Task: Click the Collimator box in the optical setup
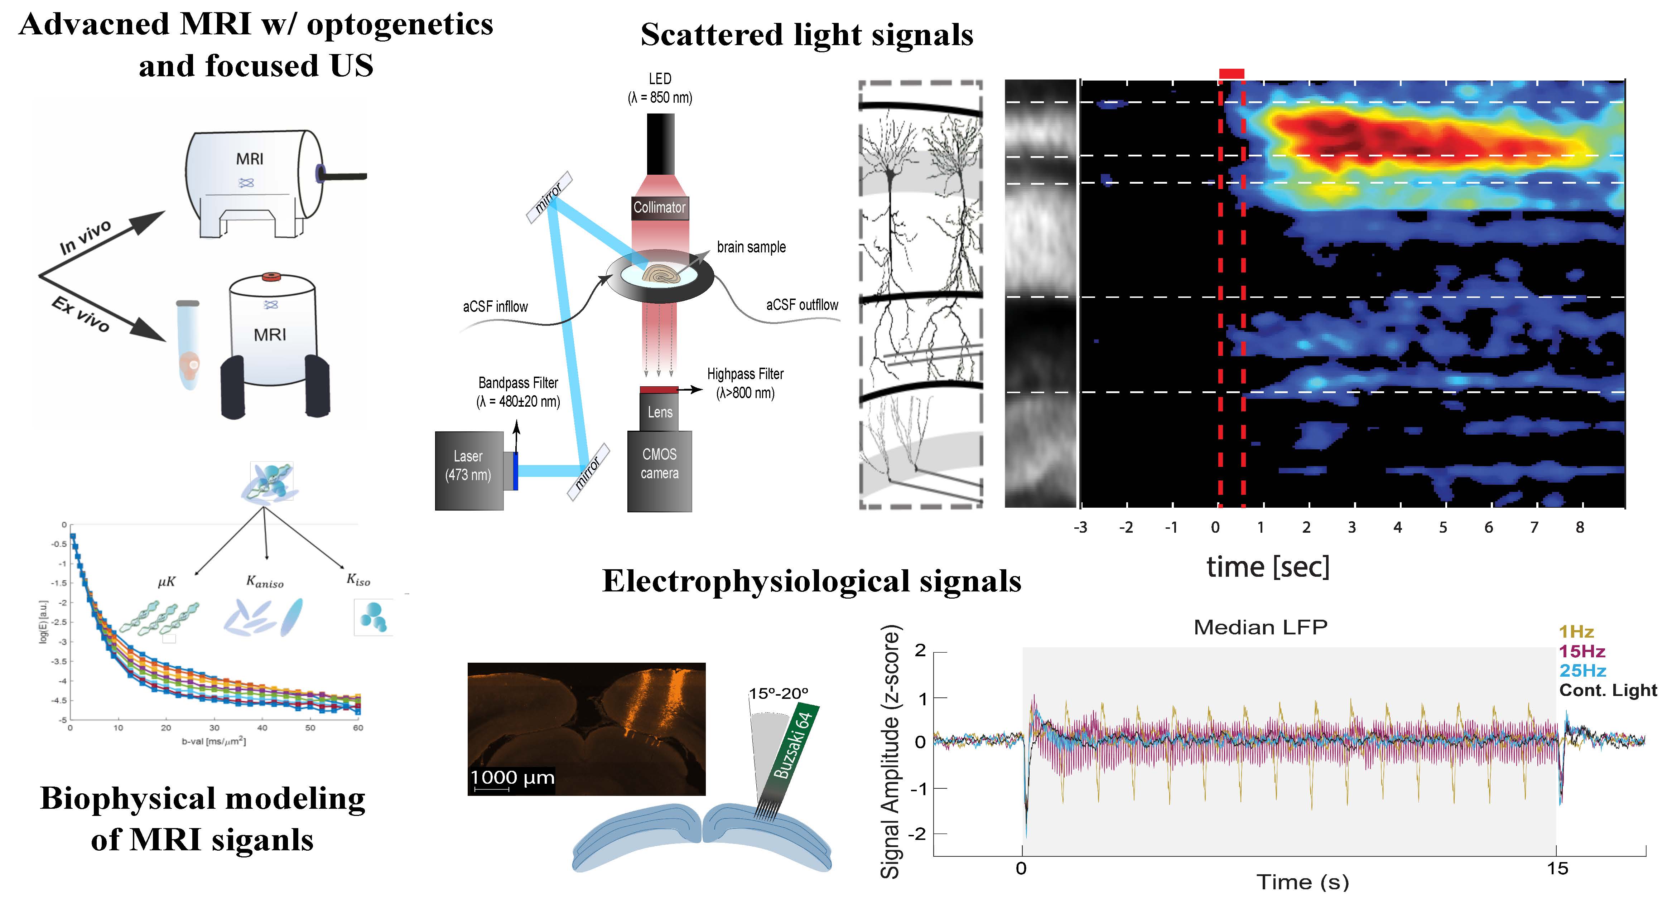tap(660, 208)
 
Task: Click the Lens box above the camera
tap(660, 412)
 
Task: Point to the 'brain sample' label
tap(751, 247)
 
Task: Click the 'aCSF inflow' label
tap(495, 306)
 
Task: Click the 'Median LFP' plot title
tap(1261, 627)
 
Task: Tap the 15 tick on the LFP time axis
tap(1557, 869)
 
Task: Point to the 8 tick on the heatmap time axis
tap(1580, 527)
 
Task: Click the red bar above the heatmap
tap(1231, 73)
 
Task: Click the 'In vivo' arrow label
tap(85, 237)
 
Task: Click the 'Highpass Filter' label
tap(745, 374)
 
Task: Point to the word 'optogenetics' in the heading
tap(400, 25)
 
